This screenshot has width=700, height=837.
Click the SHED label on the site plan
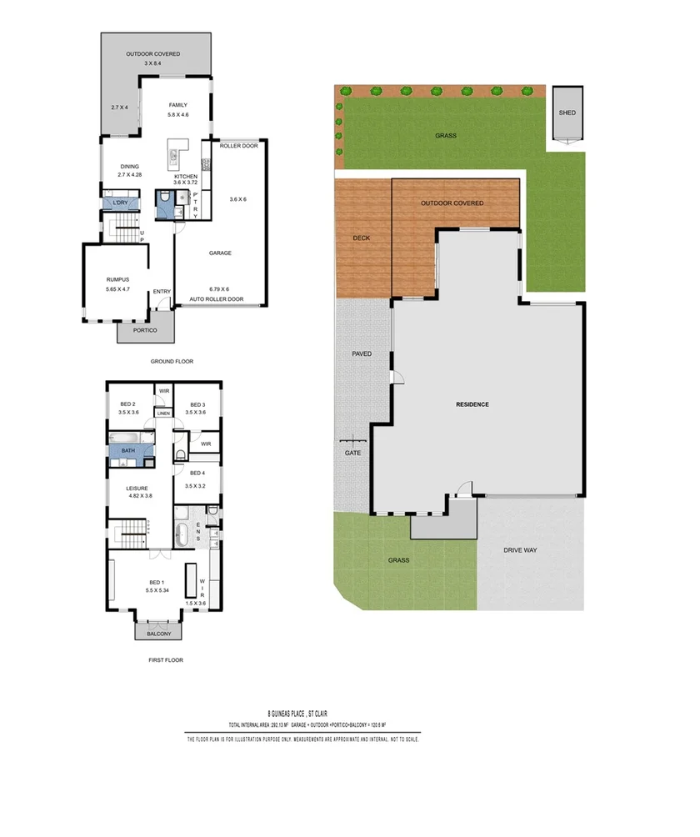(x=567, y=113)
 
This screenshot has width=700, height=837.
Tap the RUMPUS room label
(x=117, y=279)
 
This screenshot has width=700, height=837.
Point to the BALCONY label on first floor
(x=158, y=634)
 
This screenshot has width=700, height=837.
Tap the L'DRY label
(x=113, y=203)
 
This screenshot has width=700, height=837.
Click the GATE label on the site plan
(x=352, y=453)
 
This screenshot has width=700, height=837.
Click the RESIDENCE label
(x=472, y=404)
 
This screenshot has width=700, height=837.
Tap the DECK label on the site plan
(x=361, y=238)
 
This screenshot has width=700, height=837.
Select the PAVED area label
(x=361, y=353)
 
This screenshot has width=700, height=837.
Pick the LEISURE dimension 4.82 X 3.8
(x=139, y=496)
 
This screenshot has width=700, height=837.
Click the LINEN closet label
(x=163, y=413)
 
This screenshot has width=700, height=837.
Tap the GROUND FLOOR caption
(x=172, y=362)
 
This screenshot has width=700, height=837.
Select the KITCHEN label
(x=184, y=177)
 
